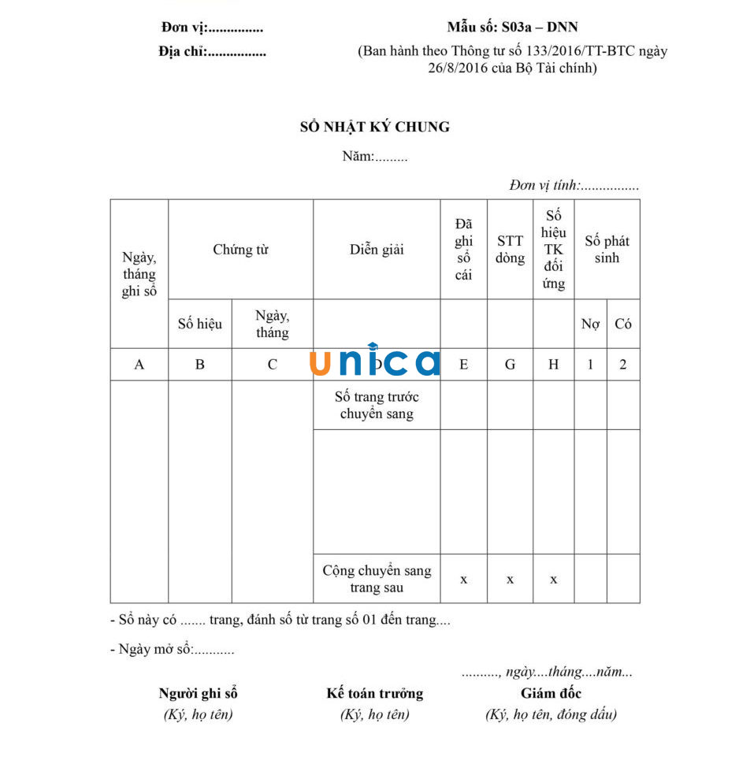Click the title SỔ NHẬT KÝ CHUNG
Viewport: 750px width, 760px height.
point(375,127)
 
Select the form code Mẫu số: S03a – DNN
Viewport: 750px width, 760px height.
point(512,28)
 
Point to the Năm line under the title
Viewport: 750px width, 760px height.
point(375,156)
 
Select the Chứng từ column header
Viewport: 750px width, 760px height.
point(240,250)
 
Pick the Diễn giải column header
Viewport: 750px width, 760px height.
point(377,250)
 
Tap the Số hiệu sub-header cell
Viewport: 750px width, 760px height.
point(200,324)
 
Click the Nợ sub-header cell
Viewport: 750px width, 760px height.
point(590,324)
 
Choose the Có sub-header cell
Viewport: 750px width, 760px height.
point(623,324)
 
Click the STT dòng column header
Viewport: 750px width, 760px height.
point(510,250)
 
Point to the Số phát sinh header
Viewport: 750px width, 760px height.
point(607,250)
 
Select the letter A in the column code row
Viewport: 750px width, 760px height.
point(139,365)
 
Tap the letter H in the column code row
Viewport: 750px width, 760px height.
point(554,365)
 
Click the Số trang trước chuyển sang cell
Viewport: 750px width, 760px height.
point(377,405)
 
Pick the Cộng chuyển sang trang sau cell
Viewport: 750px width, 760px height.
point(377,579)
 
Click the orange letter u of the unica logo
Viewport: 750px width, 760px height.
point(321,363)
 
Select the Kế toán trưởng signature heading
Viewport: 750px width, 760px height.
point(375,694)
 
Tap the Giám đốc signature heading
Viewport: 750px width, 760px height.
point(551,694)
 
